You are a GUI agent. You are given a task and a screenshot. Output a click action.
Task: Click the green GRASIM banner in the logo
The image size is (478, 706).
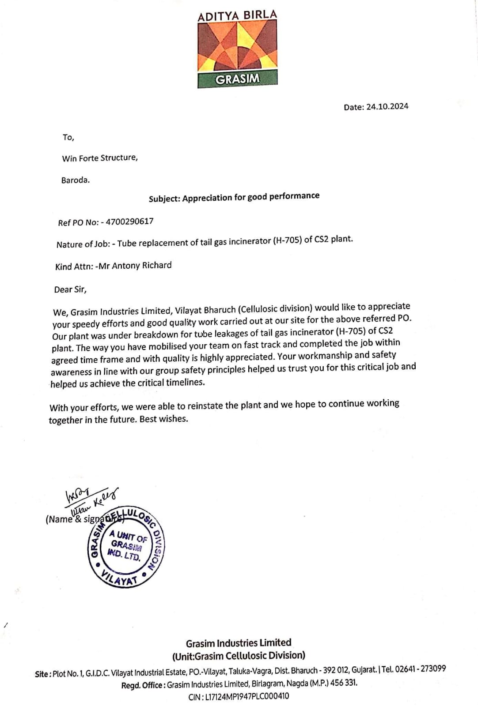[x=237, y=79]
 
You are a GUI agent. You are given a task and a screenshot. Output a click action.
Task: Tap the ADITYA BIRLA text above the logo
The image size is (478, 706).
[x=237, y=16]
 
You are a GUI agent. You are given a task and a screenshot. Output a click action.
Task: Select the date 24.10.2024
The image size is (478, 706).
[x=387, y=107]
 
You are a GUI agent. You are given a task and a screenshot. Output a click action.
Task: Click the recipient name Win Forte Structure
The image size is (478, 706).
[x=100, y=158]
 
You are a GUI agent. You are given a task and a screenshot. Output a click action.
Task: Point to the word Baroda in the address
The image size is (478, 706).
[x=76, y=180]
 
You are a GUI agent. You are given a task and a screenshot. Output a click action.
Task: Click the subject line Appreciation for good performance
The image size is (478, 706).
[x=250, y=197]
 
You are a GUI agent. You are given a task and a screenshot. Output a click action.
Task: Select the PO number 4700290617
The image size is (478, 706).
[x=129, y=222]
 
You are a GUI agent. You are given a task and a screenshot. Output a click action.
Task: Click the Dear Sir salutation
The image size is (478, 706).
[x=71, y=290]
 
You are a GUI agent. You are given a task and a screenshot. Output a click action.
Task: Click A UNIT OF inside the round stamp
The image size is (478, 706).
[x=128, y=537]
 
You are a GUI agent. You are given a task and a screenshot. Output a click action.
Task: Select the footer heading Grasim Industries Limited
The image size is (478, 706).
[x=239, y=643]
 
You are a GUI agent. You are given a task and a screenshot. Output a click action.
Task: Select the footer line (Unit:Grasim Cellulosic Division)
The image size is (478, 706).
[x=239, y=656]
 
